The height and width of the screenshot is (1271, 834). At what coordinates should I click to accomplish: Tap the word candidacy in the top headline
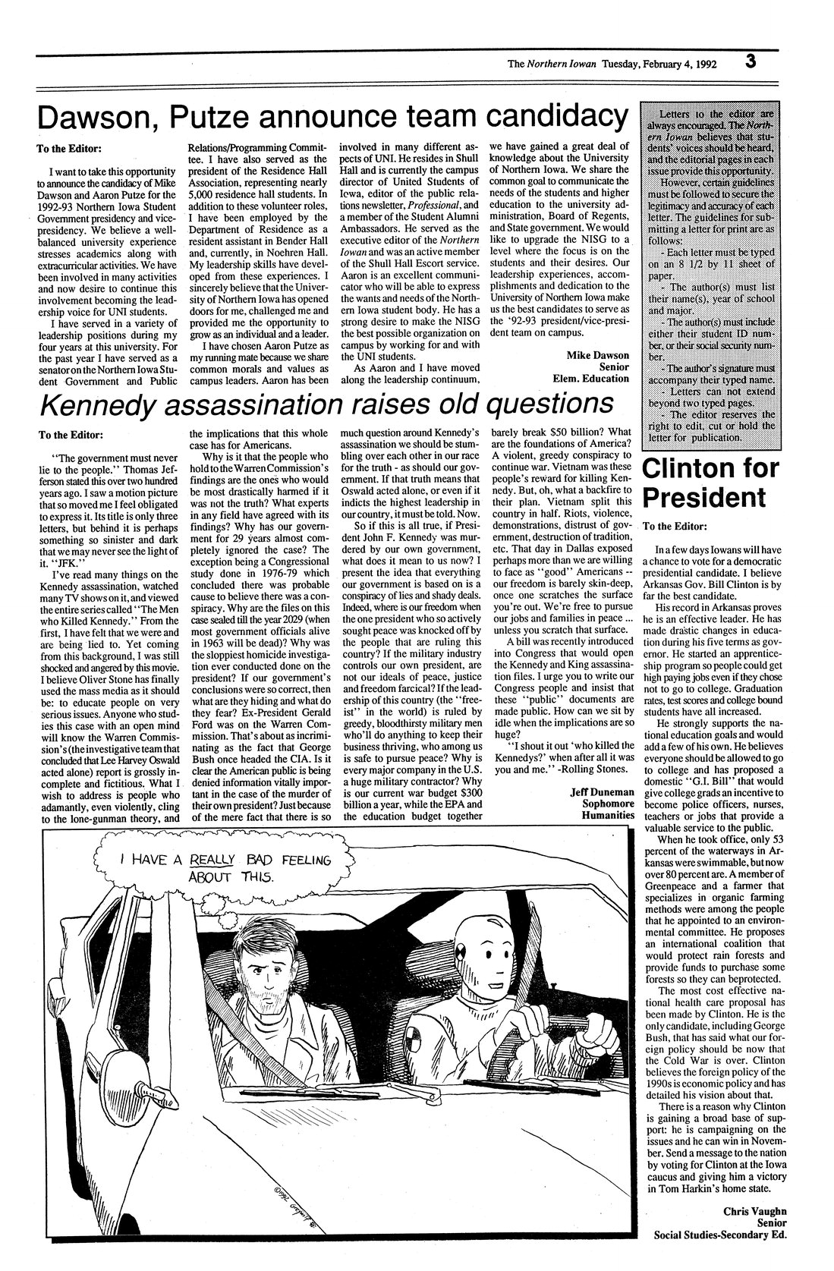(558, 118)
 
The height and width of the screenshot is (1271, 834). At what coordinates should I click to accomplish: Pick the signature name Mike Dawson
(597, 355)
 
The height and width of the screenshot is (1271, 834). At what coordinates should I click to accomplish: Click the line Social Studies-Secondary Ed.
(719, 1234)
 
